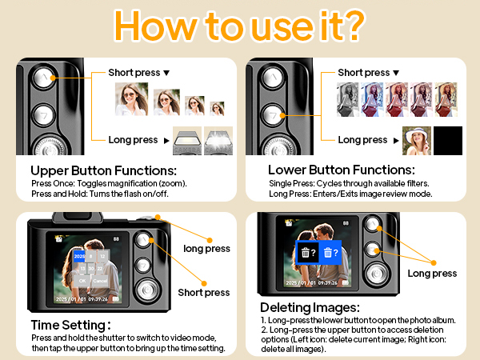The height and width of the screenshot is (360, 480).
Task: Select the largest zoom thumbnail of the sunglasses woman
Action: click(131, 99)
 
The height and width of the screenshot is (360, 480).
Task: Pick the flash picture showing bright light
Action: click(218, 141)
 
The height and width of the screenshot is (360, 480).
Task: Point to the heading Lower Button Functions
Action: click(341, 170)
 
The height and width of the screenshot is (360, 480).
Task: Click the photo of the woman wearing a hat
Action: click(416, 140)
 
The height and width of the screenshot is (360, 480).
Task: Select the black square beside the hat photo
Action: click(448, 140)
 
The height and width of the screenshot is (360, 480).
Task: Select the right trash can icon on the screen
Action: click(330, 253)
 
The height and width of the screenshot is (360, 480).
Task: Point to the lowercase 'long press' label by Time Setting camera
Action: click(206, 248)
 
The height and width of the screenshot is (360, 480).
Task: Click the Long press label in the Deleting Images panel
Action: click(432, 274)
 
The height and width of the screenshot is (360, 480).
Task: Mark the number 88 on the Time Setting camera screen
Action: click(117, 238)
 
